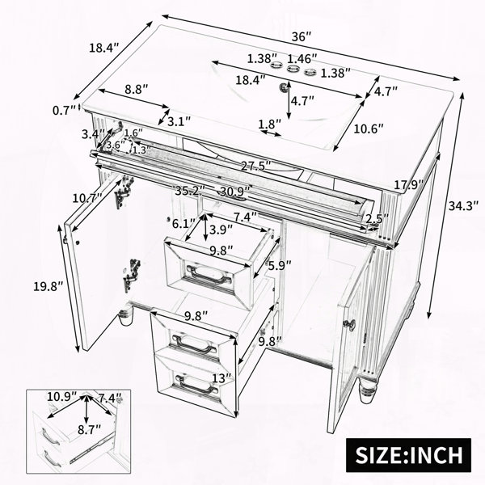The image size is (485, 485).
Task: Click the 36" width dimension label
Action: [302, 36]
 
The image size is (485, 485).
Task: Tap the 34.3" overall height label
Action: [463, 206]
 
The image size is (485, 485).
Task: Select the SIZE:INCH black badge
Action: [408, 454]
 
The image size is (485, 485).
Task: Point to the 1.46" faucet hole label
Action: [302, 58]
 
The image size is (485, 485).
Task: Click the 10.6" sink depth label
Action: [369, 129]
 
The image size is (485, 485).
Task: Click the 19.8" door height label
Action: [48, 286]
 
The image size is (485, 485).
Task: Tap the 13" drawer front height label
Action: [221, 377]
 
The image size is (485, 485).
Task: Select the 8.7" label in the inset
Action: [90, 429]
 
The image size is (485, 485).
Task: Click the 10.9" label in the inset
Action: [61, 396]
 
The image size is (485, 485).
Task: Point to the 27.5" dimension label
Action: [256, 166]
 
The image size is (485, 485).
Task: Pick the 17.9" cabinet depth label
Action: [408, 185]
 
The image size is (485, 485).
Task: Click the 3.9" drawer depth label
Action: [221, 230]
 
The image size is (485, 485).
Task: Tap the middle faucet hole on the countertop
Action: [293, 69]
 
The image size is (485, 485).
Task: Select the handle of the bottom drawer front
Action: [196, 384]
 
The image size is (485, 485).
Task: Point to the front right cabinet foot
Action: [367, 391]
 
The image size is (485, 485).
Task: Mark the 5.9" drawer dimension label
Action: [280, 265]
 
